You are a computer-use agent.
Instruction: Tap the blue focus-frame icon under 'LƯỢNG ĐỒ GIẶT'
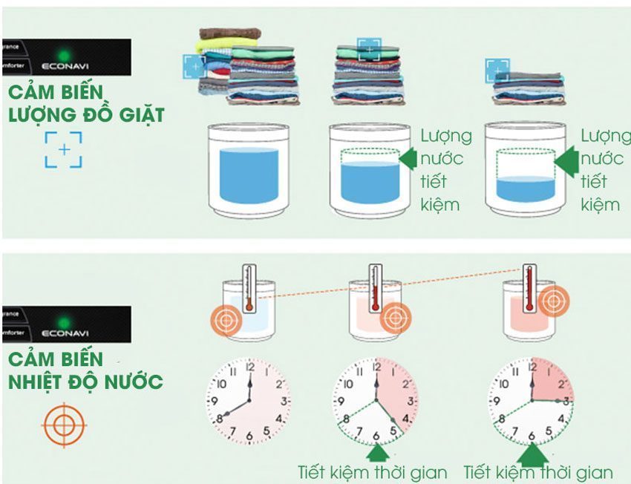point(63,150)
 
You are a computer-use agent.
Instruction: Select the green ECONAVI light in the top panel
point(64,55)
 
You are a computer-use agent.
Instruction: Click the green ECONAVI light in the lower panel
point(64,321)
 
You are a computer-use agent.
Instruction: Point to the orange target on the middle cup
point(396,317)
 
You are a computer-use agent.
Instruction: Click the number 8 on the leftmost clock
point(220,419)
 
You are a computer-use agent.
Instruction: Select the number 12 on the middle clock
point(375,367)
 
